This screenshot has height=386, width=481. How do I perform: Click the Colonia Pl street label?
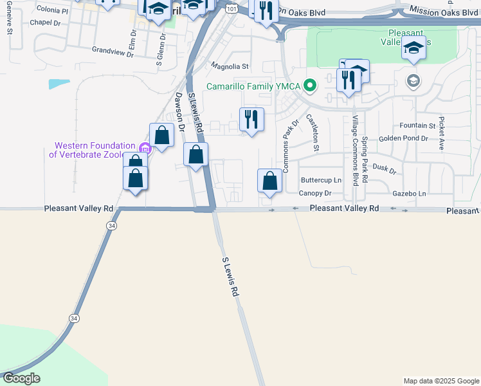coord(52,10)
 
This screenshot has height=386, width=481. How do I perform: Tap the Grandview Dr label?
coord(113,51)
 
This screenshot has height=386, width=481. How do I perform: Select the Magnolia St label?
coord(230,66)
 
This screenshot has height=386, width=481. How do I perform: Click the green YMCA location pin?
coord(310,86)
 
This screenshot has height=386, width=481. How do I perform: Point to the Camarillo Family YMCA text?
coord(253,87)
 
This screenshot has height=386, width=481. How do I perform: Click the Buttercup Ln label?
coord(321,180)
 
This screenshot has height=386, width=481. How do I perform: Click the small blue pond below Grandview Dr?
coord(59,84)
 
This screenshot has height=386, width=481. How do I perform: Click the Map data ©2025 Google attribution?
coord(441,381)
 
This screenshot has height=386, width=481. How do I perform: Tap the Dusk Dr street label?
coord(384,168)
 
